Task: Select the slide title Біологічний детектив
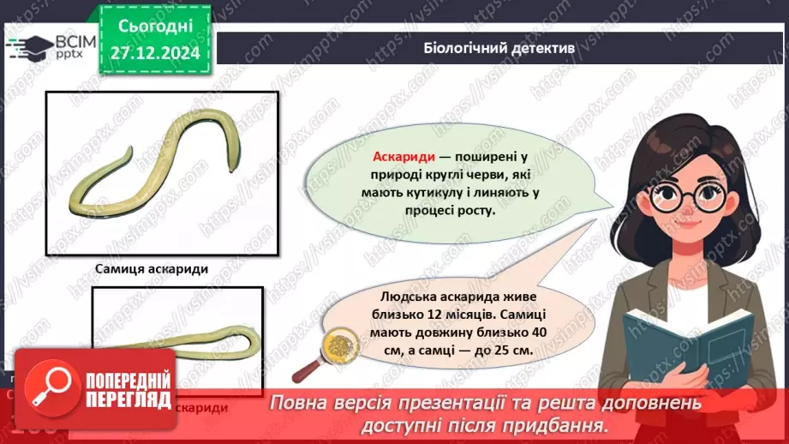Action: [499, 49]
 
